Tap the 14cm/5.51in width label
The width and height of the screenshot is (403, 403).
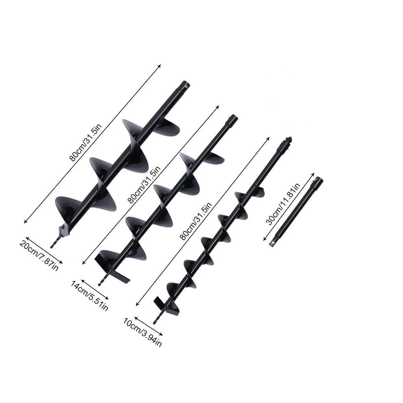(89, 296)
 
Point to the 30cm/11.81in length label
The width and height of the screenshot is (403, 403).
(283, 204)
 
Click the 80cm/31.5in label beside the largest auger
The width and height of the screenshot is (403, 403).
(85, 142)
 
